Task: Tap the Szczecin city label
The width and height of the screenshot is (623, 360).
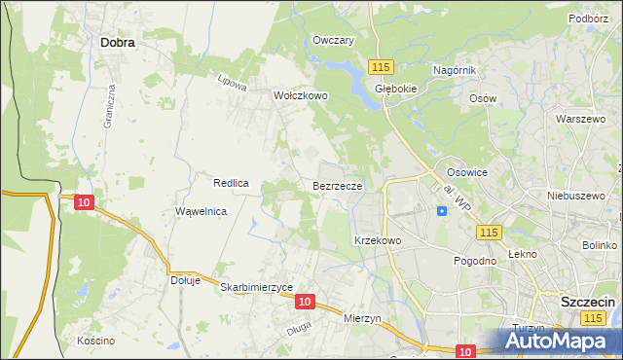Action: click(587, 303)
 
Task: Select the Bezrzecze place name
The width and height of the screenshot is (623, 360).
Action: click(338, 185)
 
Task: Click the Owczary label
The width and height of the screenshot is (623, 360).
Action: click(333, 40)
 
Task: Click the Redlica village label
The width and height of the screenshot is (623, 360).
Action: click(232, 183)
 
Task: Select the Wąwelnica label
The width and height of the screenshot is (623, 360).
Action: click(201, 211)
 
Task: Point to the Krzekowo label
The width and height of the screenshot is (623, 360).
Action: click(378, 239)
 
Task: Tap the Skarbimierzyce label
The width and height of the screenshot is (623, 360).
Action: click(257, 288)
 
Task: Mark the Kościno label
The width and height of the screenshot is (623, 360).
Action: click(95, 341)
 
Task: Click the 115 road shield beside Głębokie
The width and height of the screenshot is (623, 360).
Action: click(381, 65)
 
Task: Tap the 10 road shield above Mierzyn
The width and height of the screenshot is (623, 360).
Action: click(305, 302)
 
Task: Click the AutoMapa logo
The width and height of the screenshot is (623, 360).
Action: click(561, 342)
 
